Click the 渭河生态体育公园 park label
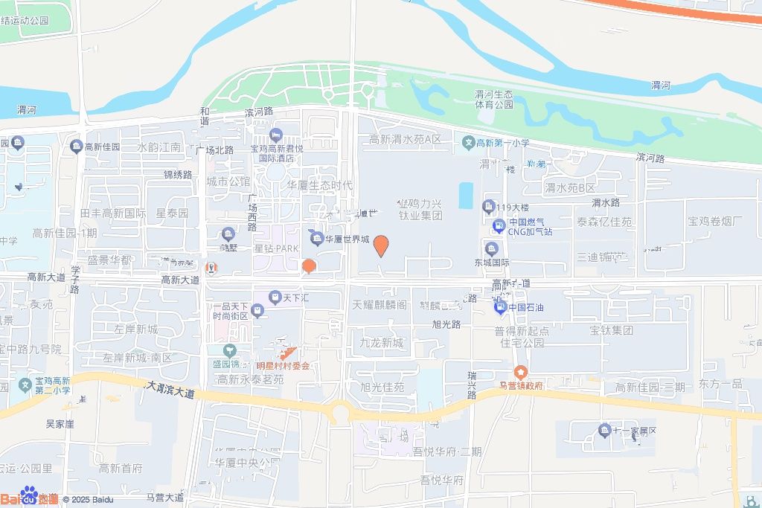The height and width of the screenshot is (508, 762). [x=494, y=100]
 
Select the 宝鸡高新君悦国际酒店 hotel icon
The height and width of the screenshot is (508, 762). [x=277, y=135]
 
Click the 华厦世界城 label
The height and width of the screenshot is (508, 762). [x=346, y=239]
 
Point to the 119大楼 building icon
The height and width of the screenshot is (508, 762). [x=489, y=206]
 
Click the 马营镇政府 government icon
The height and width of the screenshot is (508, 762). [x=520, y=371]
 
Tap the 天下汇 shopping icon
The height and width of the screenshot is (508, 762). [x=275, y=297]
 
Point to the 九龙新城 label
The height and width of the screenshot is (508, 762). [x=381, y=343]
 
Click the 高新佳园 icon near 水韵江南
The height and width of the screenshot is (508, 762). [x=76, y=147]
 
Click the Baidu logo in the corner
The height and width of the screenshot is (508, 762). [x=30, y=496]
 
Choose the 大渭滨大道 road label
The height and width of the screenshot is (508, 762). [x=170, y=390]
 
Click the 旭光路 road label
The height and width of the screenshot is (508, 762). [x=446, y=324]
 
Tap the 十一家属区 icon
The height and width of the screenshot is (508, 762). [x=603, y=430]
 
